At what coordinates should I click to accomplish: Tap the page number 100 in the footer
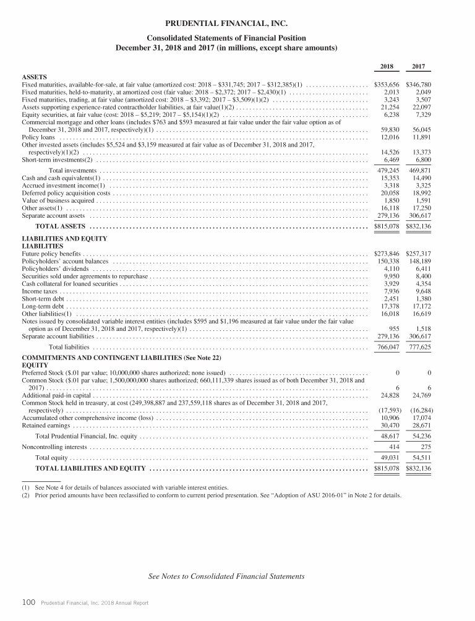coord(27,602)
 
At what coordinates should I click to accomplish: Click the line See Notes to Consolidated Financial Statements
coord(226,576)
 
